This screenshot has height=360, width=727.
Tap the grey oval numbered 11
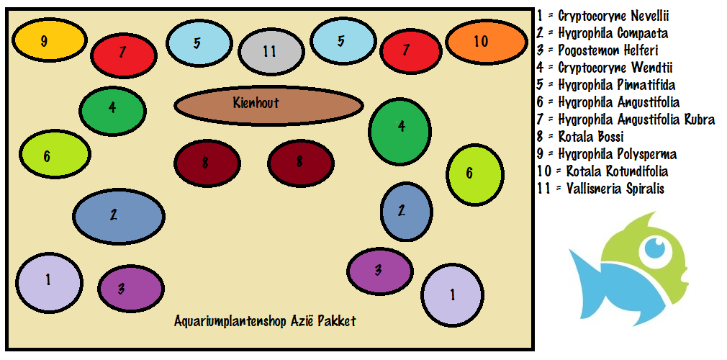tap(270, 52)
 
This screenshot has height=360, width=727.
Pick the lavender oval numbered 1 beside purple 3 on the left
tap(48, 281)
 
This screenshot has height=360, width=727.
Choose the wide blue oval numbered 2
tap(118, 215)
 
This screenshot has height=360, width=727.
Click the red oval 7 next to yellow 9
tap(123, 53)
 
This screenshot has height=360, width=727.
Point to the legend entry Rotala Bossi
tap(590, 137)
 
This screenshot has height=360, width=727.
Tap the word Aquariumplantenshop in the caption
tap(230, 321)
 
